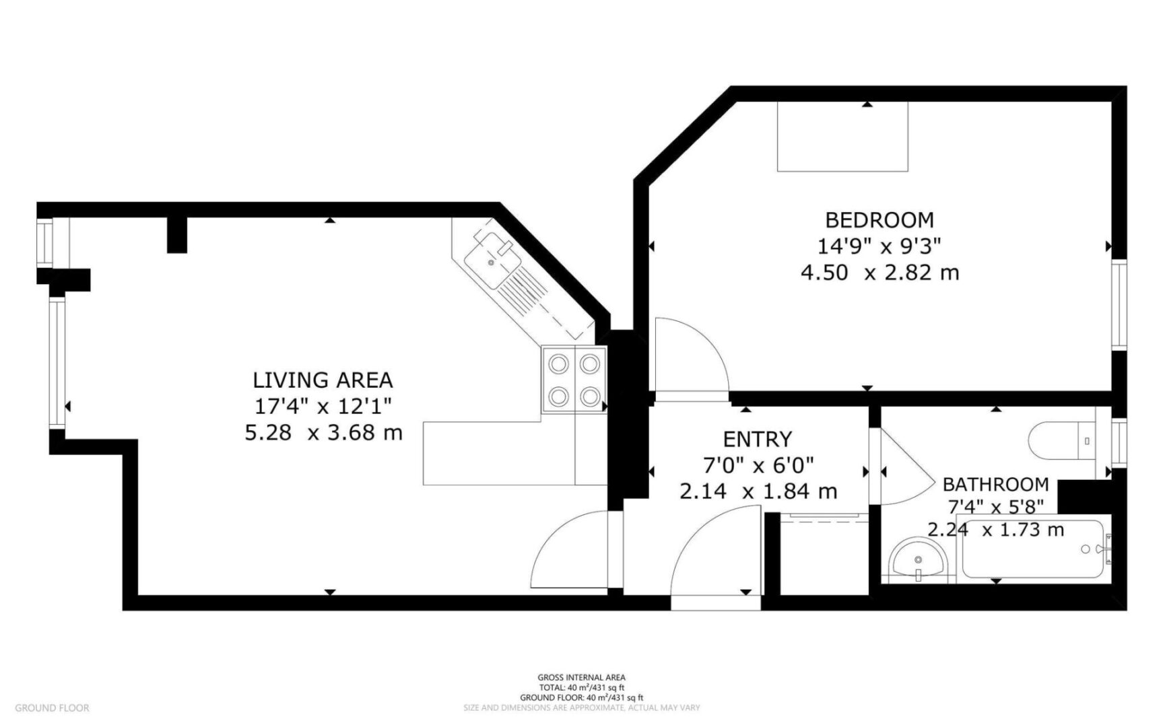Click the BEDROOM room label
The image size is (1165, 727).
point(879,220)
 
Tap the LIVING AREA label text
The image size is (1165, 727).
point(323,380)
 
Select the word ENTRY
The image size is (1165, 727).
point(758,440)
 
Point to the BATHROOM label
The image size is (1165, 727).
point(995,484)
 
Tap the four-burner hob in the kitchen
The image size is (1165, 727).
point(574,380)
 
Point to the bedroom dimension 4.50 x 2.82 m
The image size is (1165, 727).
point(879,273)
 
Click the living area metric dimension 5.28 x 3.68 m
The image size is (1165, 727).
point(323,432)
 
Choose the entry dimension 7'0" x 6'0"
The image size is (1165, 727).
point(758,464)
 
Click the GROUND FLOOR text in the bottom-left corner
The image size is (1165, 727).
point(52,707)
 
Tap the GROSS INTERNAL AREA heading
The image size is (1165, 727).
point(581,677)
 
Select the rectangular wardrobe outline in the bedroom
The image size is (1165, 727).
point(843,137)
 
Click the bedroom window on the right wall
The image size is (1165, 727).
point(1119,305)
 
